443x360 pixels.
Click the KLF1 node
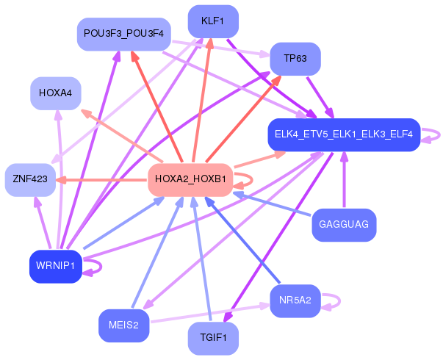(213, 21)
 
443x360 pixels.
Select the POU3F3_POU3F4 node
(124, 34)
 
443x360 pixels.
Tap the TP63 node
(296, 59)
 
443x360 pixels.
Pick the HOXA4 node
(56, 93)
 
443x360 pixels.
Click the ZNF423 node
(31, 179)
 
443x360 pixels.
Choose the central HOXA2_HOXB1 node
(190, 179)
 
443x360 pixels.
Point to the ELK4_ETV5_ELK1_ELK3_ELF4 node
(343, 134)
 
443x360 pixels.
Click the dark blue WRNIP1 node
(56, 266)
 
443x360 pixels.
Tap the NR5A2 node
(295, 300)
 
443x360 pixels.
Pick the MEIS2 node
(123, 325)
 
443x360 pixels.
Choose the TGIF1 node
(213, 338)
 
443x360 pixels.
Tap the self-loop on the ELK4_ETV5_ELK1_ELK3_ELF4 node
(434, 134)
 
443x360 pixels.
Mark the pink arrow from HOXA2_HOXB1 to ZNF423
(103, 179)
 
